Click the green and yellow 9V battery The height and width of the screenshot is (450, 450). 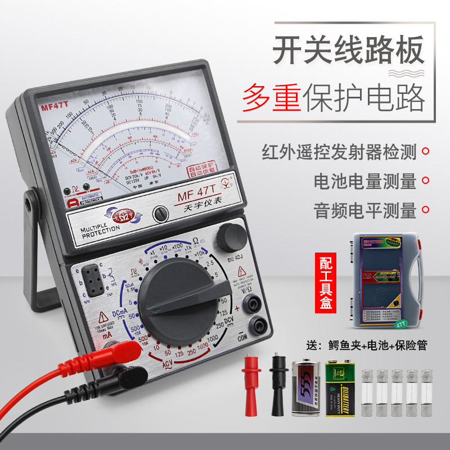[x=339, y=389]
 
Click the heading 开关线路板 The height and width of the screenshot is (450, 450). [x=348, y=50]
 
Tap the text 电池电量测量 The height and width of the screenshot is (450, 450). [x=365, y=181]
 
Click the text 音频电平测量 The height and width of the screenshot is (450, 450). [x=365, y=210]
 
